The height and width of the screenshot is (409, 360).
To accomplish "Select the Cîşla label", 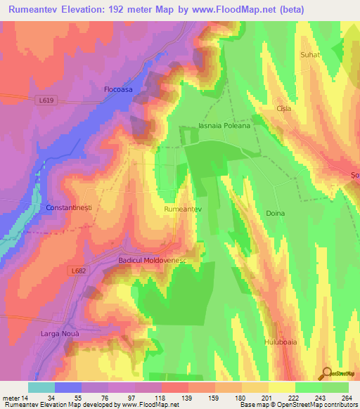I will pyautogui.click(x=284, y=109).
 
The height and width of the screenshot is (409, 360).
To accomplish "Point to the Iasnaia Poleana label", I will pyautogui.click(x=225, y=127).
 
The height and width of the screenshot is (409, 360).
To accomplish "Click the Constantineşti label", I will pyautogui.click(x=69, y=209).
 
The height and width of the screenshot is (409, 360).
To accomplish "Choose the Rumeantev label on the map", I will pyautogui.click(x=183, y=209).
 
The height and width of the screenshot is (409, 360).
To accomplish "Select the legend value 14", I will pyautogui.click(x=23, y=398).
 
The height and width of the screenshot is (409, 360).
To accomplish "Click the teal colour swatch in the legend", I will pyautogui.click(x=41, y=387).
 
